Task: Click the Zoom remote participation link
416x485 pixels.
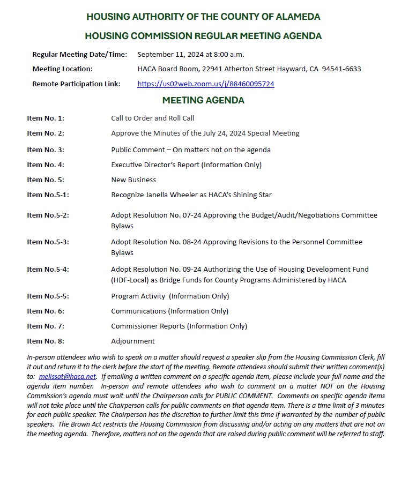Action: pyautogui.click(x=206, y=84)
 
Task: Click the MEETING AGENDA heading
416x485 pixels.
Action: pyautogui.click(x=203, y=100)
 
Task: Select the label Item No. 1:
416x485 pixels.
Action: pyautogui.click(x=46, y=118)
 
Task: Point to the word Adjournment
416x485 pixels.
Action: pyautogui.click(x=133, y=341)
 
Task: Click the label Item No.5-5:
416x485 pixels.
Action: pyautogui.click(x=48, y=296)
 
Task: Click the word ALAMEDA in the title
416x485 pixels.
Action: pyautogui.click(x=296, y=17)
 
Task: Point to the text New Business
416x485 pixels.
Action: pyautogui.click(x=133, y=180)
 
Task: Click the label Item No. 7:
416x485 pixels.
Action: pyautogui.click(x=46, y=326)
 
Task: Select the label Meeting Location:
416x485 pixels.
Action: pyautogui.click(x=62, y=69)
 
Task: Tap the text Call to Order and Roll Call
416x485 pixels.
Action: pyautogui.click(x=153, y=118)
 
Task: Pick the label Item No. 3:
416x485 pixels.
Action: pyautogui.click(x=46, y=150)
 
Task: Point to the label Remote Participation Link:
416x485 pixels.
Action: pyautogui.click(x=76, y=84)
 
